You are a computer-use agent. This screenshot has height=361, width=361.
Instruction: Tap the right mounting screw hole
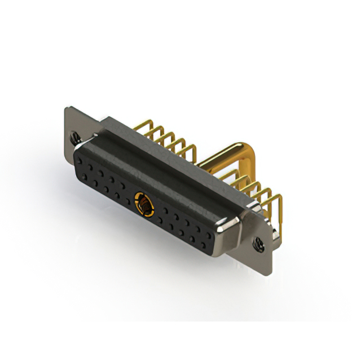coord(259,244)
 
